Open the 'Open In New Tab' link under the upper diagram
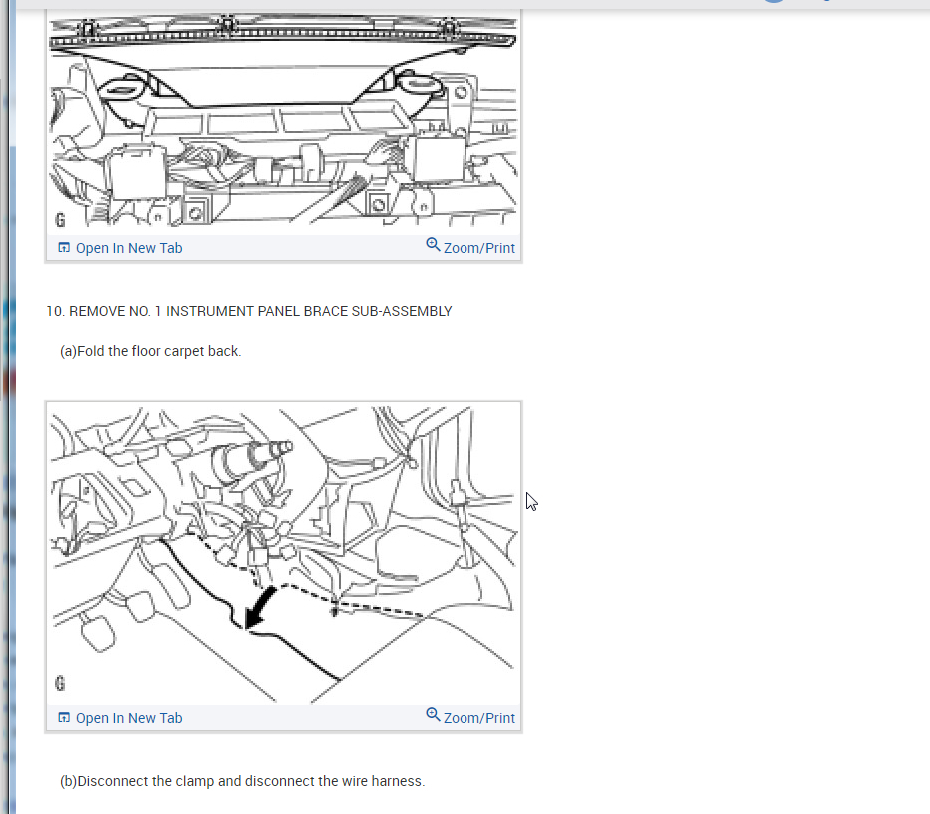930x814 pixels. pyautogui.click(x=128, y=248)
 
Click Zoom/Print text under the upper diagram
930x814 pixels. pyautogui.click(x=478, y=248)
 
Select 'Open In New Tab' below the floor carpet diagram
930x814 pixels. pyautogui.click(x=128, y=718)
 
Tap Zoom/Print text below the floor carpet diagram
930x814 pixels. pyautogui.click(x=478, y=718)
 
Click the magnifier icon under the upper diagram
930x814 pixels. pyautogui.click(x=433, y=245)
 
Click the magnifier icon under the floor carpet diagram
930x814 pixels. pyautogui.click(x=433, y=715)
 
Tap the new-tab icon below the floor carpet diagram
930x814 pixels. pyautogui.click(x=64, y=718)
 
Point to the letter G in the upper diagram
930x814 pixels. pyautogui.click(x=60, y=218)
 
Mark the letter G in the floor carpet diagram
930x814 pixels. pyautogui.click(x=60, y=684)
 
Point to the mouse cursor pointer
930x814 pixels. pyautogui.click(x=531, y=501)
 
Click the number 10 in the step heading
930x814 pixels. pyautogui.click(x=54, y=311)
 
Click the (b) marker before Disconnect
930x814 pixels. pyautogui.click(x=68, y=781)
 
